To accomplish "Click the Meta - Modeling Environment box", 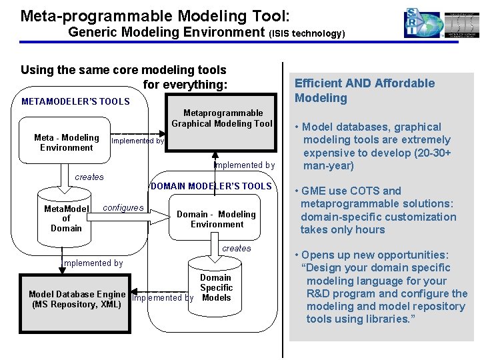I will point(66,143).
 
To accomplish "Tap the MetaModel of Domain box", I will point(66,218).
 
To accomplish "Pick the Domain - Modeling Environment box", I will point(216,219).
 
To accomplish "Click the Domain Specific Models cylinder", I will point(215,287).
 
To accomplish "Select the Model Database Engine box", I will point(77,299).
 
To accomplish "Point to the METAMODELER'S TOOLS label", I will point(75,101).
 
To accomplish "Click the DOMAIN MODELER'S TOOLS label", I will point(212,186).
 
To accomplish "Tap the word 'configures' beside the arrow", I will point(123,207).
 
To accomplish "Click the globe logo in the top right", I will point(423,24).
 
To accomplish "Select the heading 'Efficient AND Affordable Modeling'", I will point(364,91).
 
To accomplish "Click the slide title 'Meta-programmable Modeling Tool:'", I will point(155,14).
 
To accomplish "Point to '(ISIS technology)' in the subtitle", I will point(307,33).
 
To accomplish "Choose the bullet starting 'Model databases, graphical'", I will point(376,146).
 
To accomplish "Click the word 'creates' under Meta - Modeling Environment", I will point(89,177).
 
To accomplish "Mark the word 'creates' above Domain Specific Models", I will point(237,248).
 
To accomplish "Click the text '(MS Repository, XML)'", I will point(77,305).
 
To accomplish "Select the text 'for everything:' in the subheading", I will point(185,85).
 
